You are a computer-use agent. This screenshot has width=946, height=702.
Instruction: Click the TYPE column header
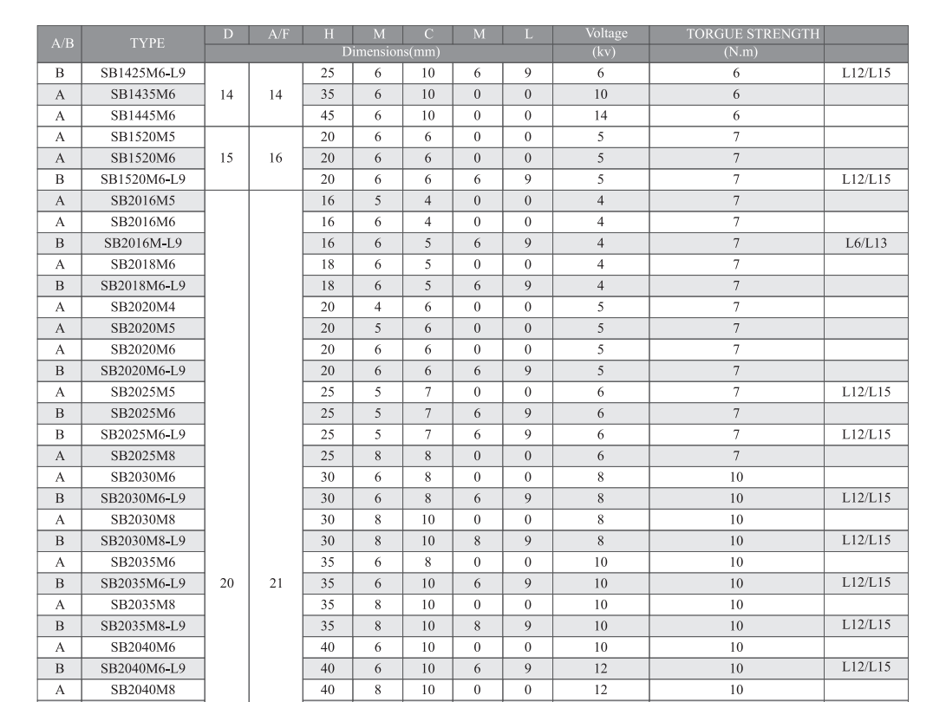(147, 43)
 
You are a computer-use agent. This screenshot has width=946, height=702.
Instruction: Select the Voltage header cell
(605, 35)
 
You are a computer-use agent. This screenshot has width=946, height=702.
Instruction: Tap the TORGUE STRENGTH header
(736, 35)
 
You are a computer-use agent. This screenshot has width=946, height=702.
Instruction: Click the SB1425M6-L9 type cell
(142, 73)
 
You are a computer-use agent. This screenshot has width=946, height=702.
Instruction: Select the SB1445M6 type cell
(142, 115)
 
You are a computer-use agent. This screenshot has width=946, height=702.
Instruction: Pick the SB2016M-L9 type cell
(142, 243)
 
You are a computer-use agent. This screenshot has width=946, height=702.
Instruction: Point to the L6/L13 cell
(865, 243)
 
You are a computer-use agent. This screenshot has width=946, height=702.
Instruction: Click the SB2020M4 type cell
(142, 307)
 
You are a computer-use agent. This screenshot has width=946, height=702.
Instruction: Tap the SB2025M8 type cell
(142, 455)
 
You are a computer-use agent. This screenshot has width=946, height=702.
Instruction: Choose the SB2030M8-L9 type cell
(142, 540)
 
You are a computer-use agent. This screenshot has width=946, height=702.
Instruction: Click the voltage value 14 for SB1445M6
(600, 115)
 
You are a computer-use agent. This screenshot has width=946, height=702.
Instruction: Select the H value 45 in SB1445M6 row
(328, 115)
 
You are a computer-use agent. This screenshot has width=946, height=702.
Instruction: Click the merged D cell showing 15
(226, 159)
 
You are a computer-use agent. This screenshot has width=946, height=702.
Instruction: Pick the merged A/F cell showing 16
(276, 159)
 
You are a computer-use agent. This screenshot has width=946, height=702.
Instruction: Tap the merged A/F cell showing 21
(276, 583)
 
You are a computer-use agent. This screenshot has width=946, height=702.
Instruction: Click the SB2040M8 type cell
(142, 689)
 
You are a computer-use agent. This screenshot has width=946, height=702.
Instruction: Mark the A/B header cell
(61, 43)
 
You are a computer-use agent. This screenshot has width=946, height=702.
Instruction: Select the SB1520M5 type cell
(142, 137)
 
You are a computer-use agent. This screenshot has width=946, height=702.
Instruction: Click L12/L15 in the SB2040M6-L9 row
(865, 666)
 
